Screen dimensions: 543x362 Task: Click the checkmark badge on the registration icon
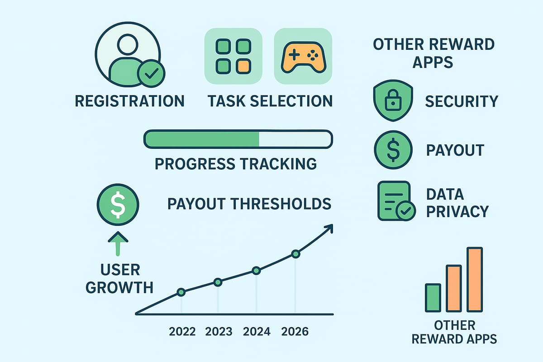click(151, 73)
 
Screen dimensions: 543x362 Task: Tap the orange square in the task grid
click(243, 66)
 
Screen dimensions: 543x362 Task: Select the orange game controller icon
click(303, 57)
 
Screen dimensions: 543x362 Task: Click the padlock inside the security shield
click(393, 100)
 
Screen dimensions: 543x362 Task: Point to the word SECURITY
click(462, 101)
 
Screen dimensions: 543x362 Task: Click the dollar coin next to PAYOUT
click(393, 150)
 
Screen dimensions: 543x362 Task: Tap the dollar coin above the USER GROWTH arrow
click(118, 205)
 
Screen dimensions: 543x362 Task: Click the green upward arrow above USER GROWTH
click(118, 244)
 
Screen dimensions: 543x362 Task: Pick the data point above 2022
click(181, 292)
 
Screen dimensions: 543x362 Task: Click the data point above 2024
click(256, 271)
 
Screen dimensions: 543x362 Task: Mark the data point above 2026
click(296, 254)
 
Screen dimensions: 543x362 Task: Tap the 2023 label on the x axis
click(219, 331)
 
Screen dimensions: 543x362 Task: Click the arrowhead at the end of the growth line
click(330, 228)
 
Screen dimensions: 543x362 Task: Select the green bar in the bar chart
click(433, 297)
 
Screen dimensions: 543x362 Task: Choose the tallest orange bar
click(475, 279)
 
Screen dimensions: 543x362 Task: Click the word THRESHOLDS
click(281, 204)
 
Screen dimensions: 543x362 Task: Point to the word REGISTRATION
click(130, 101)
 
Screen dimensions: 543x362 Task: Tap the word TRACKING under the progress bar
click(279, 164)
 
